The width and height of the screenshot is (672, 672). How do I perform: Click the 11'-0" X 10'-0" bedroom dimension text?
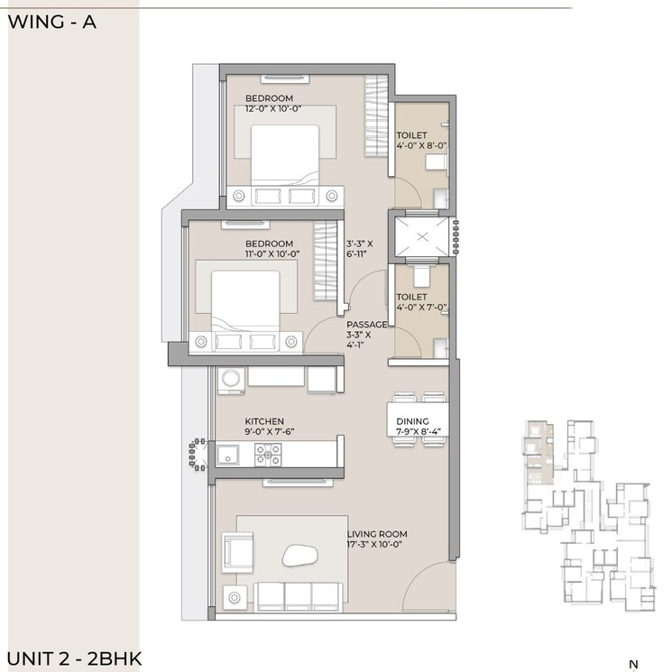click(x=272, y=254)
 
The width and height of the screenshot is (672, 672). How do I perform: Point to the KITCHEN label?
click(x=264, y=421)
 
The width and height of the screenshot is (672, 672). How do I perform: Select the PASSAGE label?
click(x=367, y=324)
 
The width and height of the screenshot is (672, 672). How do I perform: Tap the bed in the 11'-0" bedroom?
click(x=245, y=302)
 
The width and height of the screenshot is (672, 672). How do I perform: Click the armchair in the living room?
click(x=237, y=550)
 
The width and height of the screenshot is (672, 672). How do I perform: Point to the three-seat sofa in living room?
click(x=299, y=595)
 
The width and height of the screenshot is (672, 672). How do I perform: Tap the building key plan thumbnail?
click(x=585, y=513)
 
